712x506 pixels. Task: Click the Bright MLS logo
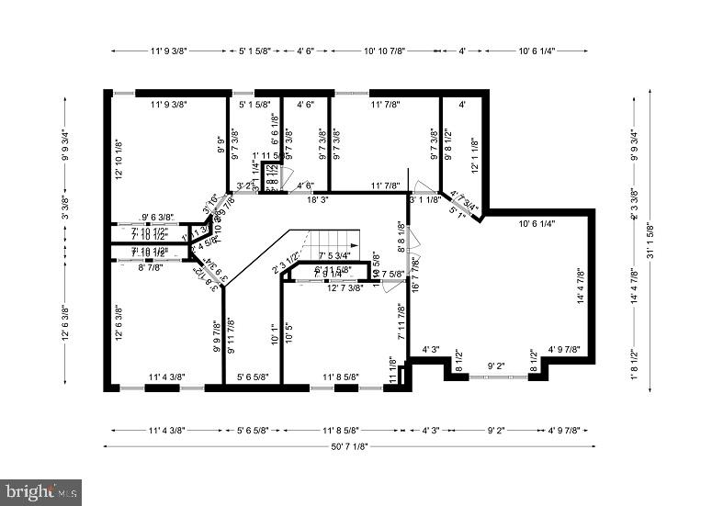[41, 492]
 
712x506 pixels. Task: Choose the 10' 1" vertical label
[273, 332]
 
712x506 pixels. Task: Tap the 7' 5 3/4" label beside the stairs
[334, 256]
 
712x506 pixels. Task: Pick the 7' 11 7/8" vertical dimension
[401, 322]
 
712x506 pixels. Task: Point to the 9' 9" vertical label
[221, 146]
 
